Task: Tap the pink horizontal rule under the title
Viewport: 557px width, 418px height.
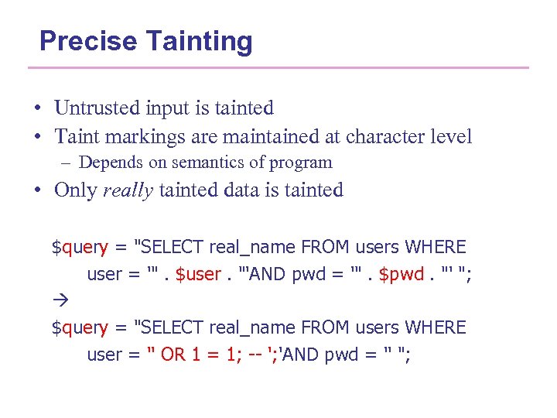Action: coord(278,68)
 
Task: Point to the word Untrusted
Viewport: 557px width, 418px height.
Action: coord(96,108)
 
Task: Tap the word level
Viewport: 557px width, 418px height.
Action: coord(452,137)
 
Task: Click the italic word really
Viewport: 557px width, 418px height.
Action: coord(128,190)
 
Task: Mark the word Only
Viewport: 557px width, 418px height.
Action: coord(75,190)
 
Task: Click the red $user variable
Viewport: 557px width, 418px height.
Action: coord(199,275)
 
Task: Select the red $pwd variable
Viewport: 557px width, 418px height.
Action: coord(402,275)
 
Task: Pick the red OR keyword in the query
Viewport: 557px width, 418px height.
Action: coord(173,355)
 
